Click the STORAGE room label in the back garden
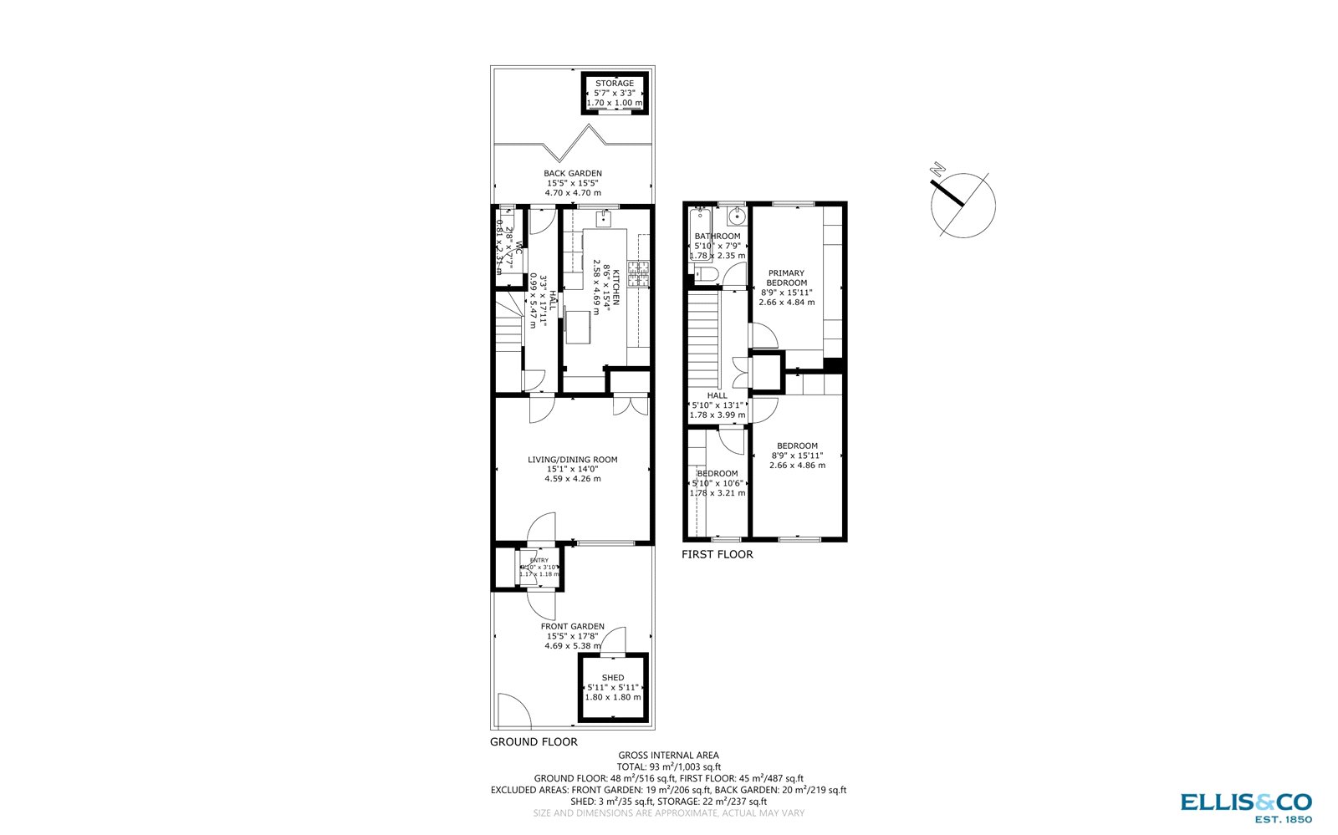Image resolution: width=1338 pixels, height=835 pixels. (615, 84)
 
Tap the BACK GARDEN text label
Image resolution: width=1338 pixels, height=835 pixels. (573, 174)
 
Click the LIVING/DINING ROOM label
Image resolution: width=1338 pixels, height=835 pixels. (573, 460)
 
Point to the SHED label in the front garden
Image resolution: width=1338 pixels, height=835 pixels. (613, 678)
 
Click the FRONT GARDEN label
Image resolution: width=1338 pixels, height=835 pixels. (573, 627)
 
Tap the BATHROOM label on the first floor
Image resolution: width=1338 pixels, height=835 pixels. (718, 237)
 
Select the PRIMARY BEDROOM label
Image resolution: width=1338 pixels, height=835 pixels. (787, 278)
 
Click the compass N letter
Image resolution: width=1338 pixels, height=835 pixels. (938, 171)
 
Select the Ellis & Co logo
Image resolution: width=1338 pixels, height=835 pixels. (1246, 807)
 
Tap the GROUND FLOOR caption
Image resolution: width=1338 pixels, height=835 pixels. (534, 742)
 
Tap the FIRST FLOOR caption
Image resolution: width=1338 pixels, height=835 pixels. (718, 555)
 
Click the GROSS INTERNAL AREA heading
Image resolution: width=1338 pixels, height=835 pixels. (668, 756)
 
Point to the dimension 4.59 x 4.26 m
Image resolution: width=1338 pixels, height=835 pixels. (573, 479)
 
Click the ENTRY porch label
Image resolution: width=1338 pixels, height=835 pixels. (539, 561)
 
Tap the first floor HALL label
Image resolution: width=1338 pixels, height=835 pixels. (718, 396)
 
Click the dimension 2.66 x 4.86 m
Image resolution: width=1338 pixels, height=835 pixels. (797, 466)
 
